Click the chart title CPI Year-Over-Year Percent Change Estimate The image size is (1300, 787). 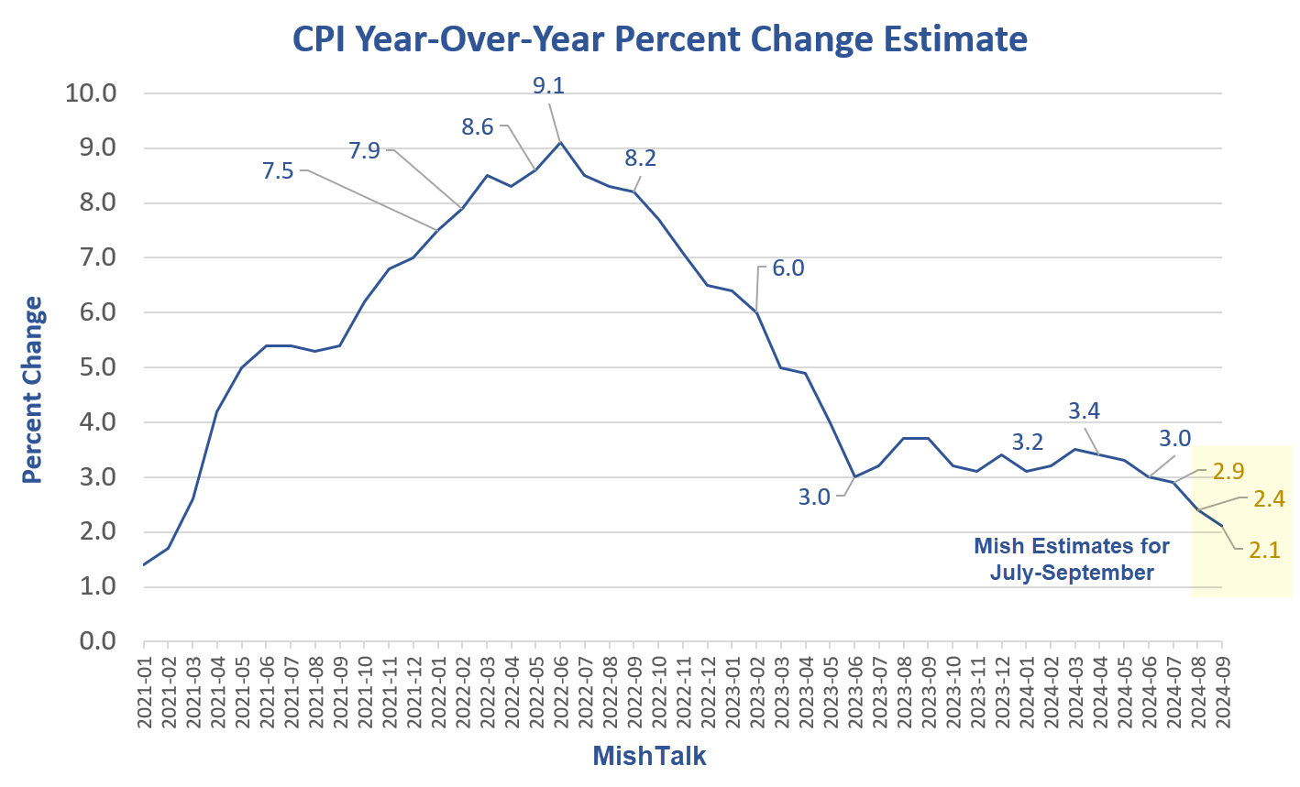point(659,39)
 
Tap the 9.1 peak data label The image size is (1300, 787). point(548,86)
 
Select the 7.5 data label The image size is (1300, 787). point(278,170)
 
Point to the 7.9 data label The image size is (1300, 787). point(364,150)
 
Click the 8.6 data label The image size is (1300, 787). point(478,127)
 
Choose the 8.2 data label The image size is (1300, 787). point(640,158)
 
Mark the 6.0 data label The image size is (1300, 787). point(788,268)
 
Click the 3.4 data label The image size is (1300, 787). point(1084,411)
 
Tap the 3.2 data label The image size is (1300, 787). point(1027,443)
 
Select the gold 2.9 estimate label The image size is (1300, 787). point(1228,472)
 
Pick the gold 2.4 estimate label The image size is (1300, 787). point(1269,499)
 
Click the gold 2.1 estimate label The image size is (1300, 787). point(1264,551)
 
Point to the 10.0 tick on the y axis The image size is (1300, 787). point(91,93)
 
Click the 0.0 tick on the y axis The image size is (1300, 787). point(97,640)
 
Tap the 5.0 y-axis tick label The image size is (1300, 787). point(97,366)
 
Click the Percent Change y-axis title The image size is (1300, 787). point(33,389)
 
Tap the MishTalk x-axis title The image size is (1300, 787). point(649,756)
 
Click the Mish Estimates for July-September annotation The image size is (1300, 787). point(1071,559)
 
